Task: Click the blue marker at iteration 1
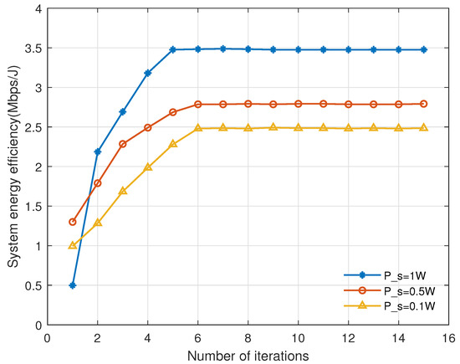pyautogui.click(x=73, y=285)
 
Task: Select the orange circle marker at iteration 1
pyautogui.click(x=73, y=222)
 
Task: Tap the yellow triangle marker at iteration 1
pyautogui.click(x=73, y=245)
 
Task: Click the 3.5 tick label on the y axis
pyautogui.click(x=31, y=48)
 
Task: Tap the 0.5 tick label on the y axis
pyautogui.click(x=31, y=285)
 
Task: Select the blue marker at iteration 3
pyautogui.click(x=123, y=111)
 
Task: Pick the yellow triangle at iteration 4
pyautogui.click(x=148, y=167)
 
